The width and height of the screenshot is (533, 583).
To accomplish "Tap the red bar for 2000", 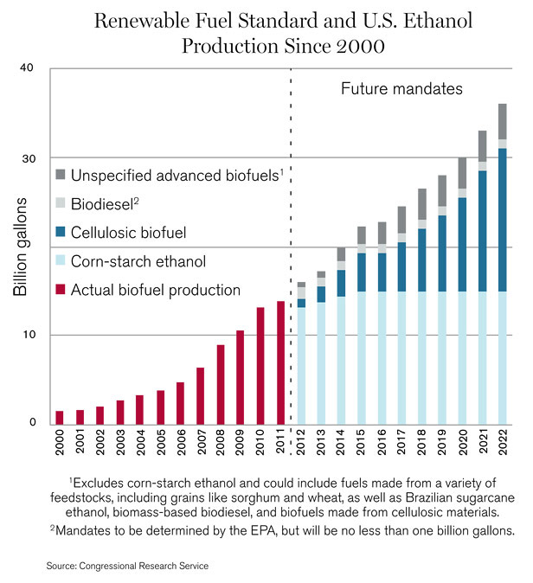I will point(60,417).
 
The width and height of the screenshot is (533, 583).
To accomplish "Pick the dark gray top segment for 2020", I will point(462,173).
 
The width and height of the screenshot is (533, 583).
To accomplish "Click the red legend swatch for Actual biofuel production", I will point(60,290).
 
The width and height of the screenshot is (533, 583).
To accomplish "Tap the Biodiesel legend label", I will point(111,204).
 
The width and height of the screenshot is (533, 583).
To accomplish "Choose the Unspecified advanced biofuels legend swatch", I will point(60,176).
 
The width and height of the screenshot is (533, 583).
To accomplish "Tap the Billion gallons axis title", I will point(21,247).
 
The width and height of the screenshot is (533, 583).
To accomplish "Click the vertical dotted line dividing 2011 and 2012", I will point(291,259).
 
